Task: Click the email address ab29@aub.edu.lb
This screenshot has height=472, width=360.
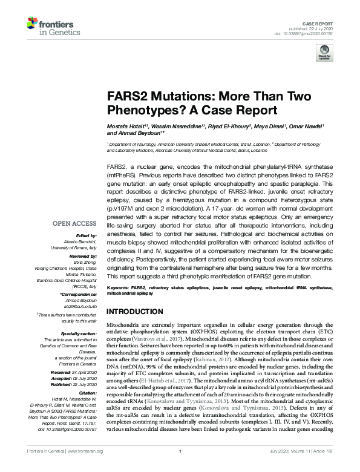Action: click(79, 306)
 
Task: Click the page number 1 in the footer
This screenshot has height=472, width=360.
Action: click(180, 468)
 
